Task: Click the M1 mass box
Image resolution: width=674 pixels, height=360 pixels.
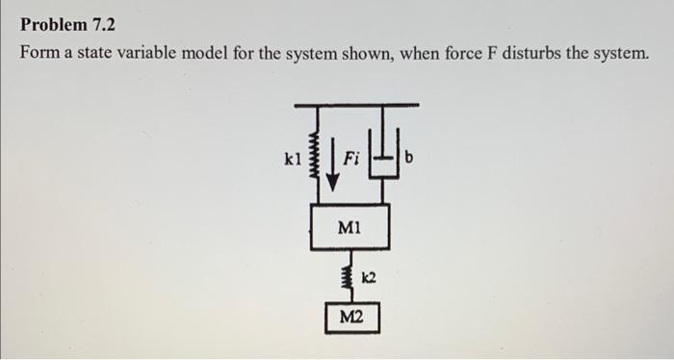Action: coord(349,227)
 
